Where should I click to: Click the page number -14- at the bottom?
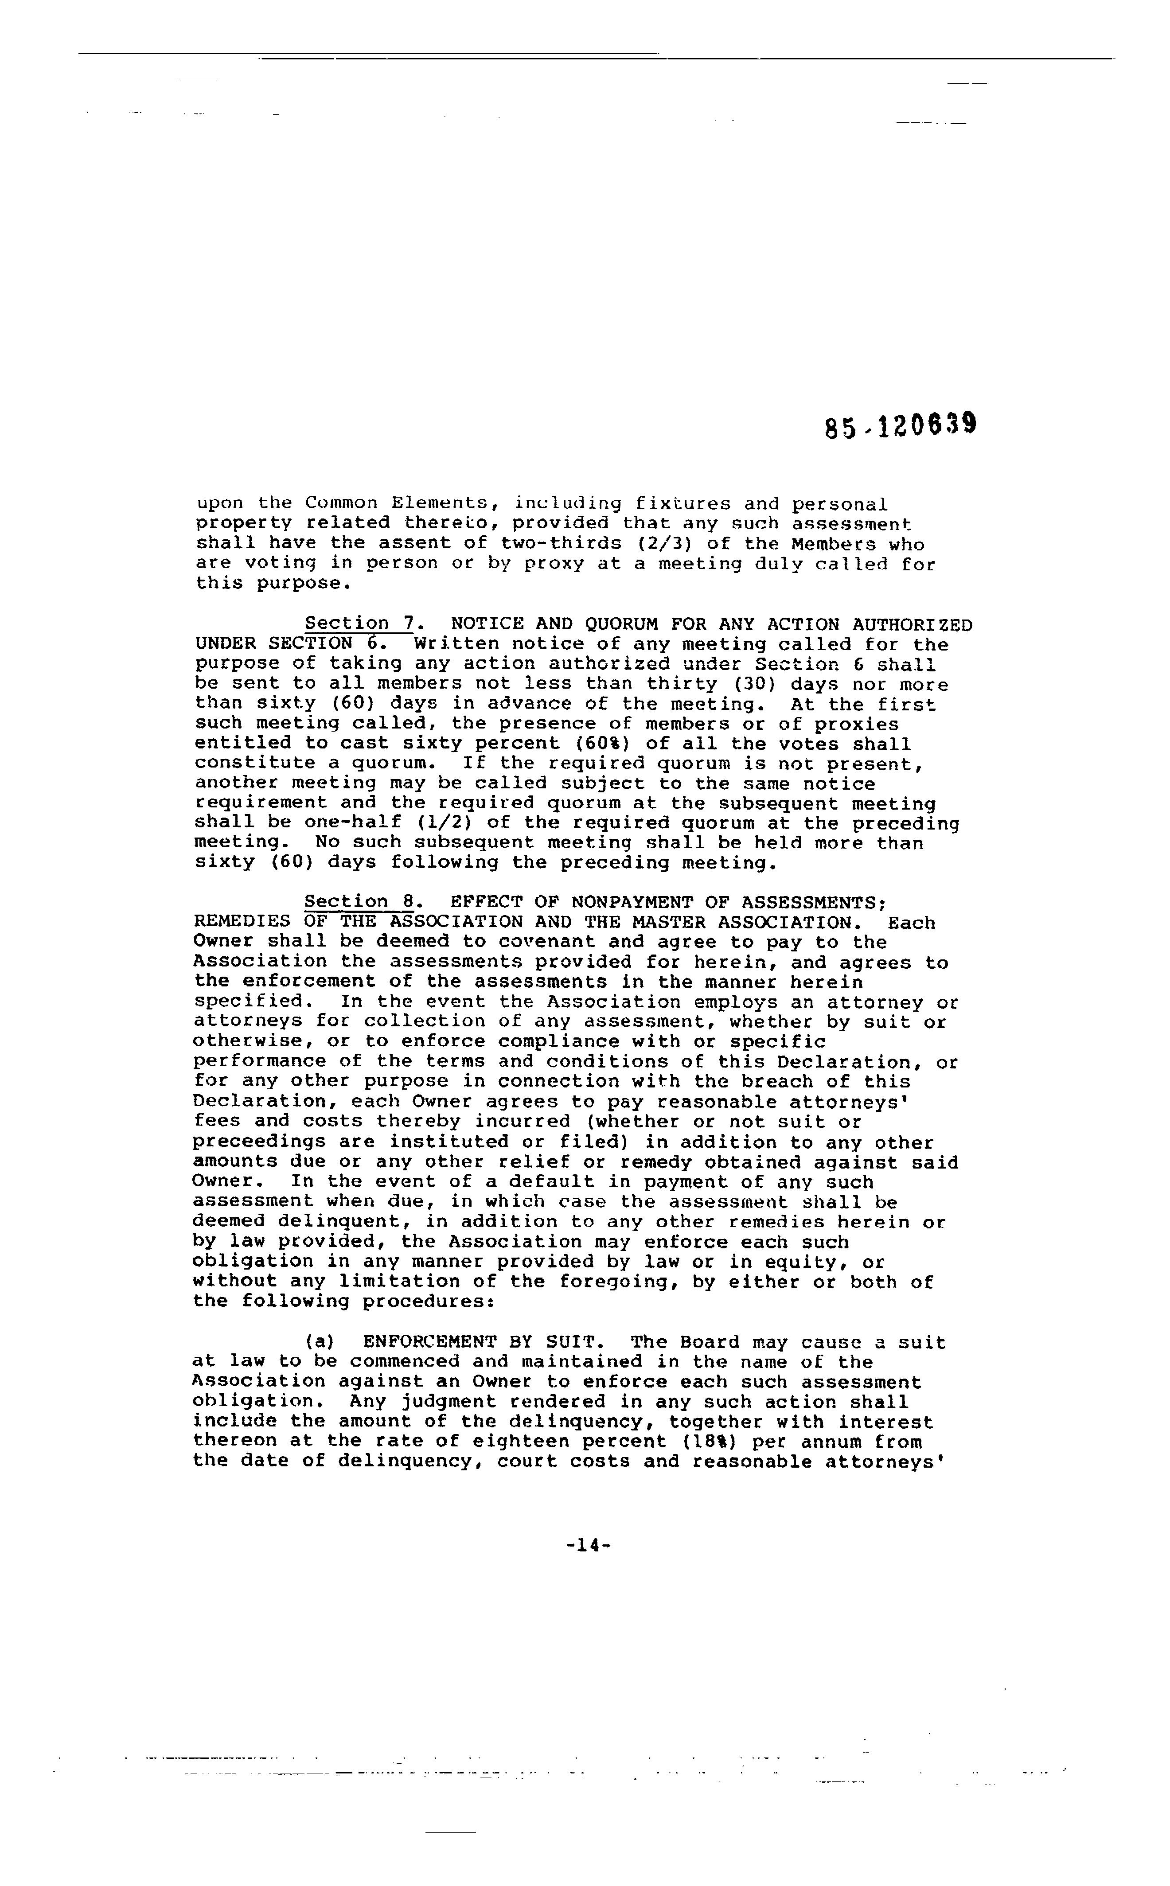pos(589,1546)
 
